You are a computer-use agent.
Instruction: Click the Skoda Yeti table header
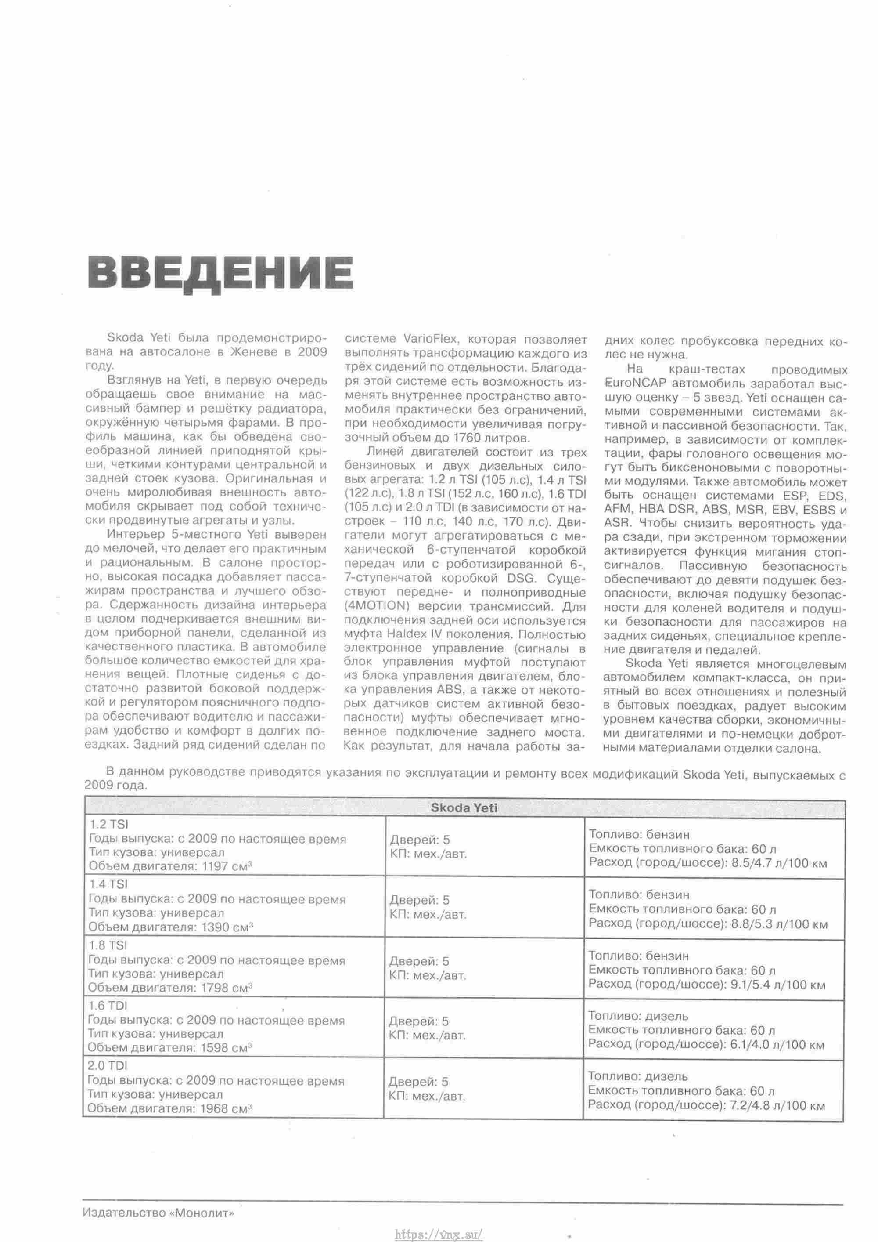464,808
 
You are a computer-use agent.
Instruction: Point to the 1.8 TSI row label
107,945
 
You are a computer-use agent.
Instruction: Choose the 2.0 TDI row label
107,1066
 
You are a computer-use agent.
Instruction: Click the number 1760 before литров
467,437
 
